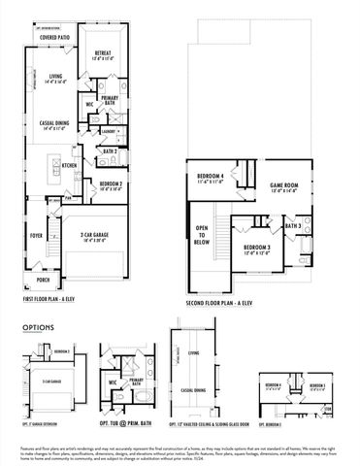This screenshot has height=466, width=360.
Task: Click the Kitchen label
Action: pyautogui.click(x=70, y=165)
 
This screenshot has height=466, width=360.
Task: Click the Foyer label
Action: pyautogui.click(x=38, y=234)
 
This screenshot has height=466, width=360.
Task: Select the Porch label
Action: pyautogui.click(x=44, y=280)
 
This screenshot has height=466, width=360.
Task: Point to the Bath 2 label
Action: pyautogui.click(x=111, y=151)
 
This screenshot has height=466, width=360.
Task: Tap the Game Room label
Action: pyautogui.click(x=282, y=184)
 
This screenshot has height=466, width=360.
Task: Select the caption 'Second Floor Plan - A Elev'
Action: pyautogui.click(x=221, y=302)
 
